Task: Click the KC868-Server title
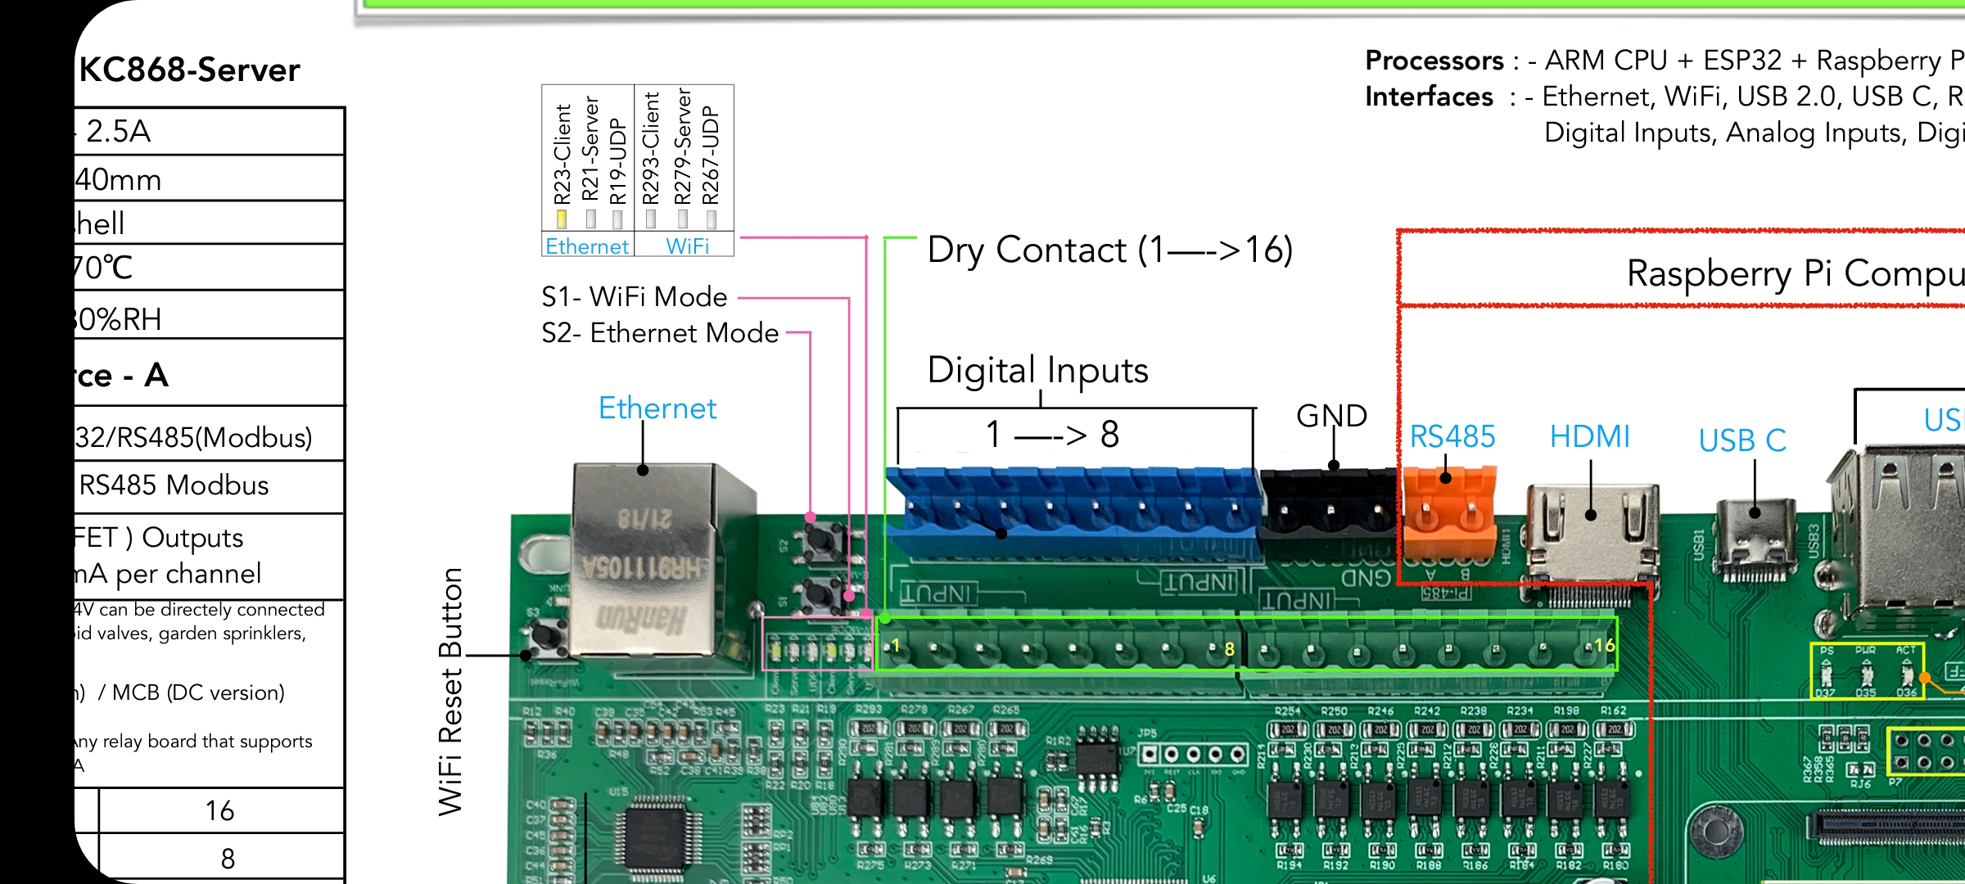pos(190,70)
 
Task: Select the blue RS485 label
pos(1452,436)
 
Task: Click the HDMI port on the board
pos(1590,532)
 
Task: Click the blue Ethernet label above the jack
pos(657,408)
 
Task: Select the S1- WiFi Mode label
pos(635,297)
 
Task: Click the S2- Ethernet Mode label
pos(660,333)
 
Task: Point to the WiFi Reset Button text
pos(451,692)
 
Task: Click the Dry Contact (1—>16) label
pos(1109,250)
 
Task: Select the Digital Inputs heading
pos(1037,370)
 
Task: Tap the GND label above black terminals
pos(1331,416)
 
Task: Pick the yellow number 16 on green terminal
pos(1604,645)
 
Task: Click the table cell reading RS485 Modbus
pos(174,485)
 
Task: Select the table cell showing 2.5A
pos(119,131)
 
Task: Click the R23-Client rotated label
pos(562,154)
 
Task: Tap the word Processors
pos(1434,61)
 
